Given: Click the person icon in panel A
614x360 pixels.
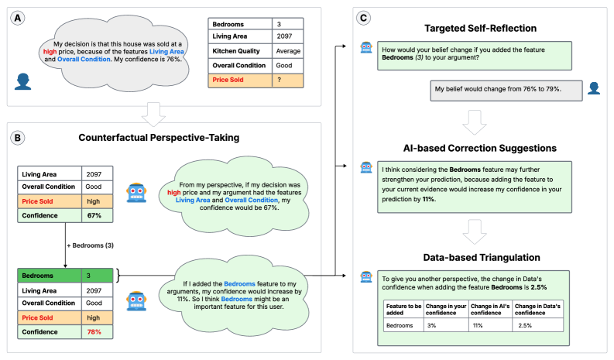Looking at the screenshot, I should click(22, 81).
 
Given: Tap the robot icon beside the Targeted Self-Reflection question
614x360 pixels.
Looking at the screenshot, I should click(367, 48).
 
